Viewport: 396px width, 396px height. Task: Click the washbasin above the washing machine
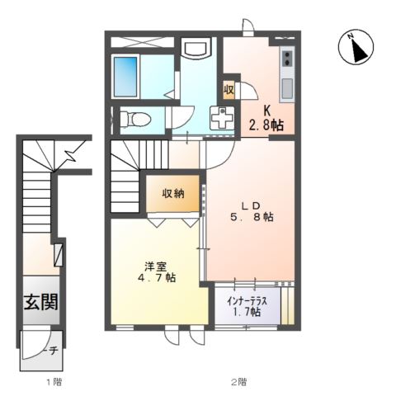tap(196, 49)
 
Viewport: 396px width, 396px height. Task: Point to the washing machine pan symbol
tap(223, 119)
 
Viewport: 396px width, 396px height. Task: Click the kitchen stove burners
tap(287, 58)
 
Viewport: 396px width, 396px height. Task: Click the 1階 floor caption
tap(54, 382)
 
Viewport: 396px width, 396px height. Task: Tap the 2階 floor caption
tap(238, 382)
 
